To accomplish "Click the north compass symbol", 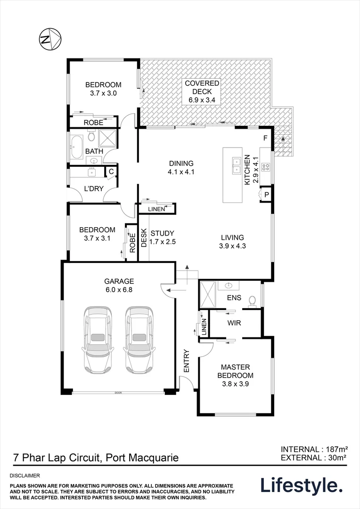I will pos(49,39).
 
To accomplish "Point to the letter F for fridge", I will pos(265,139).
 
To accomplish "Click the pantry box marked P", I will pos(266,194).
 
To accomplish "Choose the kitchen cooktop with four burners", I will pos(266,166).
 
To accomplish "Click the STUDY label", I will pos(163,233).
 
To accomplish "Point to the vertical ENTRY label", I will pos(186,361).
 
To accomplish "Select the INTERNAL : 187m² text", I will pos(314,449).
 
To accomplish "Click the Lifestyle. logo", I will pos(302,485).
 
